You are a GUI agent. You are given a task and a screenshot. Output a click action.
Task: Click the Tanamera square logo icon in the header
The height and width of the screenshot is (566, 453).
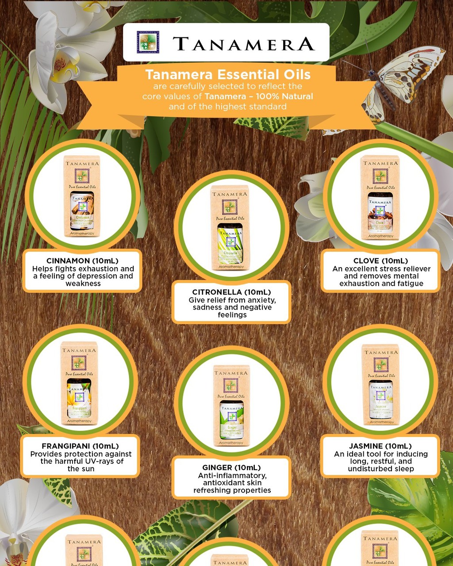pos(148,42)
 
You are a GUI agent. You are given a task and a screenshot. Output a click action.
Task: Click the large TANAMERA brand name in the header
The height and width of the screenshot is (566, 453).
pos(243,44)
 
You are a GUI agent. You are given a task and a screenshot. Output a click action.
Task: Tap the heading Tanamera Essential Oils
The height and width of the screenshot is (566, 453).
pos(228,74)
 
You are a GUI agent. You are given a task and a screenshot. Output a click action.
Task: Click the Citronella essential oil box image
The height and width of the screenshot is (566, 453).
pos(230,228)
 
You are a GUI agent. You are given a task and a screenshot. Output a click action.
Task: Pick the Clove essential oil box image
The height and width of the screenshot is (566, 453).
pos(380,198)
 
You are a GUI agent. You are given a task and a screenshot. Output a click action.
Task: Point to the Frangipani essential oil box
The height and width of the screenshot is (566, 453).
pos(79,383)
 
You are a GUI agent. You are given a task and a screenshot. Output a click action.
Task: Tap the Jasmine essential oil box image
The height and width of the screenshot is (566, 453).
pos(380,385)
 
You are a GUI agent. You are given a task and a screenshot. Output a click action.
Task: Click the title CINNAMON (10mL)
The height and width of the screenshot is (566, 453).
pos(82,261)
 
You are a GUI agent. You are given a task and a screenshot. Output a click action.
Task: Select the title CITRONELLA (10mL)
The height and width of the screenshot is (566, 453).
pos(231,292)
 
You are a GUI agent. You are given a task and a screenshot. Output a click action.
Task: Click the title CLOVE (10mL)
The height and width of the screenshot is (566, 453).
pos(380,261)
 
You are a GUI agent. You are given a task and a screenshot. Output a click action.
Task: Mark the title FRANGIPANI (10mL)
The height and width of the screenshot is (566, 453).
pos(80,446)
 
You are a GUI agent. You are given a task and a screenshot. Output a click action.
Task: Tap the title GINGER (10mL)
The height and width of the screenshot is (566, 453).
pos(231,468)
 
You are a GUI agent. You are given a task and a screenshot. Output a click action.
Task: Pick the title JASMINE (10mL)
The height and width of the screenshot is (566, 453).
pos(380,446)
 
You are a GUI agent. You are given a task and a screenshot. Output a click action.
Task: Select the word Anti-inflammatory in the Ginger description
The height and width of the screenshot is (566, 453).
pos(232,475)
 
